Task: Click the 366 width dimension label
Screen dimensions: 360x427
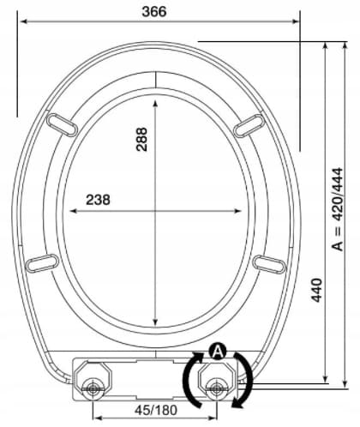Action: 154,12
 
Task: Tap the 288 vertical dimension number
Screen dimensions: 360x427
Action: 141,139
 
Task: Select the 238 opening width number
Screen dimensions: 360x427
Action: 98,200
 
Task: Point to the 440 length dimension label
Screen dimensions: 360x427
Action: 316,290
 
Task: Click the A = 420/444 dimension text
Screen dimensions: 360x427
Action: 338,209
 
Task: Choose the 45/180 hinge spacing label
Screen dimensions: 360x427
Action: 156,410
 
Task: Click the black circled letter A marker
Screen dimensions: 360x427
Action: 218,352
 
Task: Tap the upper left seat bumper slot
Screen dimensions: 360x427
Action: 62,125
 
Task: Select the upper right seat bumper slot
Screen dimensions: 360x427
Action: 249,126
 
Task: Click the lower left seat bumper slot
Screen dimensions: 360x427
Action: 42,263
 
